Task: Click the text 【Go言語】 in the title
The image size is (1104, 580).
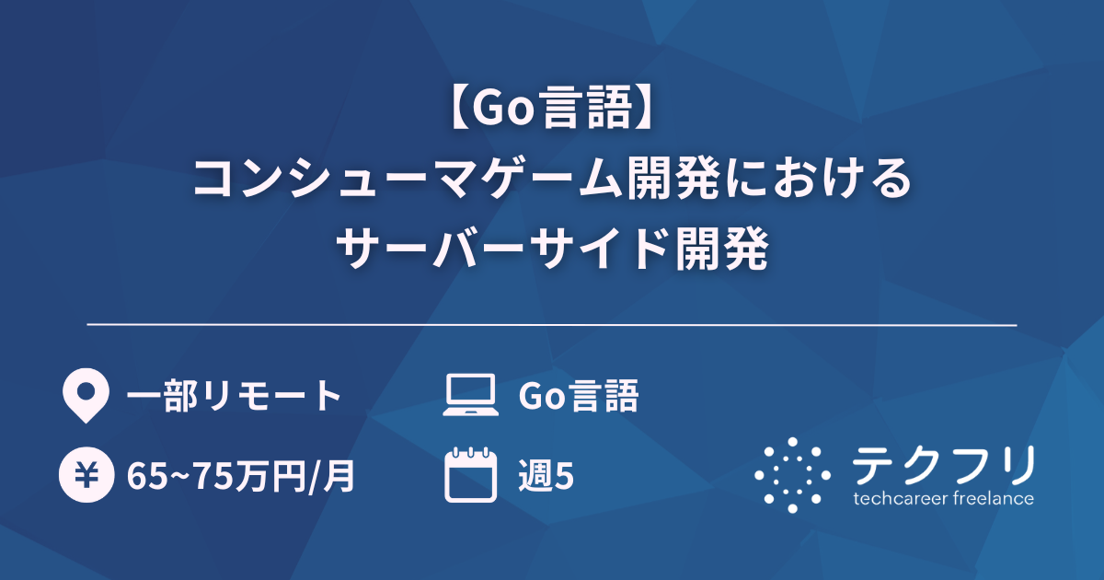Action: (x=552, y=111)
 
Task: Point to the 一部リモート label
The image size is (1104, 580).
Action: (x=235, y=397)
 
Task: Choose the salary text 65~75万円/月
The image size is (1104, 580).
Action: (x=240, y=477)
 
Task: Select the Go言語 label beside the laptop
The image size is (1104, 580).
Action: (x=579, y=397)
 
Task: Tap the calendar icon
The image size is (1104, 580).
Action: (x=470, y=475)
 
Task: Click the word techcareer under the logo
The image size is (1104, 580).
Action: (x=903, y=499)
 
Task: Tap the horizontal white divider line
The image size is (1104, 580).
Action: (x=552, y=325)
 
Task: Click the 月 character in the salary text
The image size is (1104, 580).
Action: (x=342, y=477)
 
